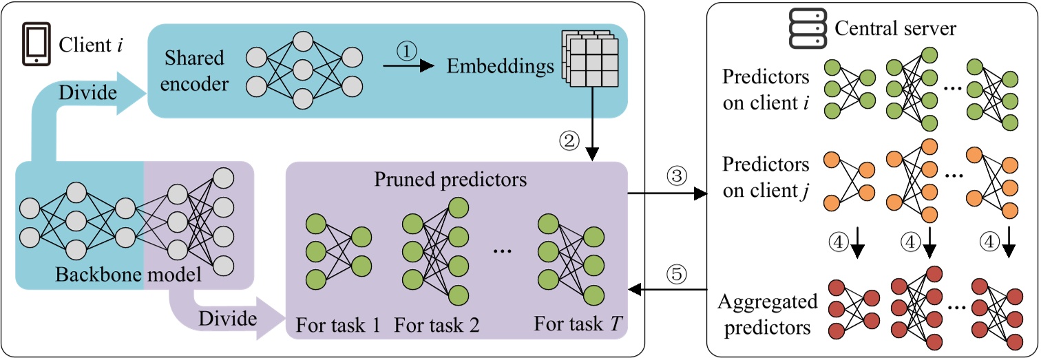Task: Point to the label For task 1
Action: click(338, 324)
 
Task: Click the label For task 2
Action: click(437, 324)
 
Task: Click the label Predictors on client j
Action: click(766, 178)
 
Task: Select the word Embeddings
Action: click(501, 67)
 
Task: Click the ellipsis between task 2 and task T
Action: click(503, 252)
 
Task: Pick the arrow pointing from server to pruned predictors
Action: click(667, 290)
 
